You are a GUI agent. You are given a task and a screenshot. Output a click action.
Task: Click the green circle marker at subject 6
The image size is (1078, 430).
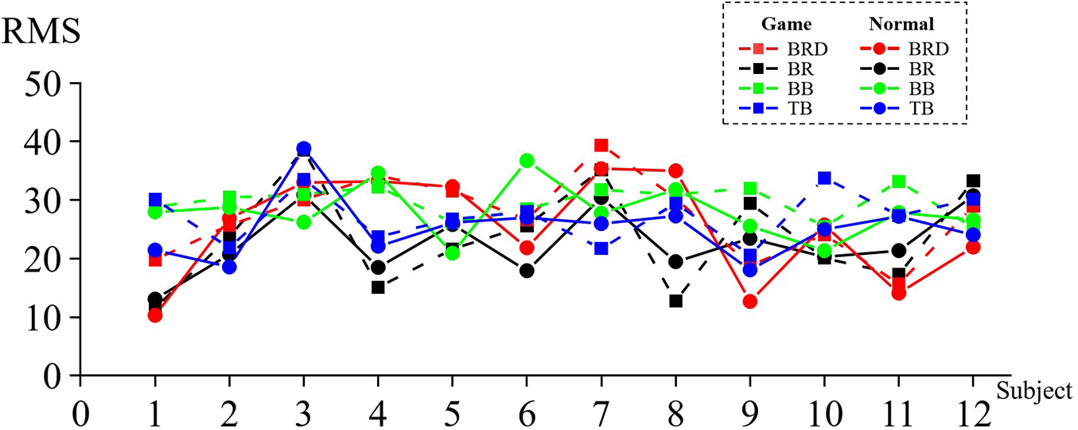[x=526, y=161]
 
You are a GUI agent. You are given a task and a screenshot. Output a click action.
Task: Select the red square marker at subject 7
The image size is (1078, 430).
[x=601, y=146]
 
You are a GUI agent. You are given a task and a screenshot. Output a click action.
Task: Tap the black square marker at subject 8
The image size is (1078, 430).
[x=676, y=301]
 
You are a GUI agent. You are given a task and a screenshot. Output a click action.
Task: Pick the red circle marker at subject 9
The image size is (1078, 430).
[x=750, y=301]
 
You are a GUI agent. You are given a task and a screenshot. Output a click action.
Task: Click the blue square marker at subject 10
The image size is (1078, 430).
[x=825, y=178]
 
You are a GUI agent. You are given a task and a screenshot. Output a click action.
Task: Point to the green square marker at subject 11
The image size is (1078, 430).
[x=899, y=182]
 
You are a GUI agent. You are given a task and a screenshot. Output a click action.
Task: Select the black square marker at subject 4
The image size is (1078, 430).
[x=378, y=287]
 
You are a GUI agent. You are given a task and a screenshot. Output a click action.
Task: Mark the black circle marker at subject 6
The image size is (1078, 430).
[x=526, y=271]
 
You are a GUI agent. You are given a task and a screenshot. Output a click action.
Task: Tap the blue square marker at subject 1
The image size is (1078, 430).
[x=155, y=200]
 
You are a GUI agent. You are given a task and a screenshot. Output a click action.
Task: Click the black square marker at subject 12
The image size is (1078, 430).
[x=973, y=182]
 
